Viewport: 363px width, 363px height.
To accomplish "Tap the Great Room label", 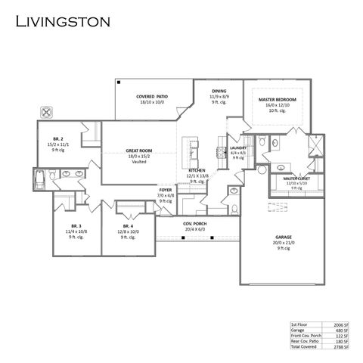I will point(139,150).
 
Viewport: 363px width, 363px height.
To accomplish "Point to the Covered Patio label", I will point(151,97).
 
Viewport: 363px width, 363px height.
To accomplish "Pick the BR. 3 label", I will point(76,227).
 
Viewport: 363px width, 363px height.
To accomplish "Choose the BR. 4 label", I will point(127,227).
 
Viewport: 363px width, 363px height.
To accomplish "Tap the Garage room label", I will point(283,237).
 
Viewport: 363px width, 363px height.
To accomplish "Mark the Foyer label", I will point(165,190).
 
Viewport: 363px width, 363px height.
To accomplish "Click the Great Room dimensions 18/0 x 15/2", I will point(139,157).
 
